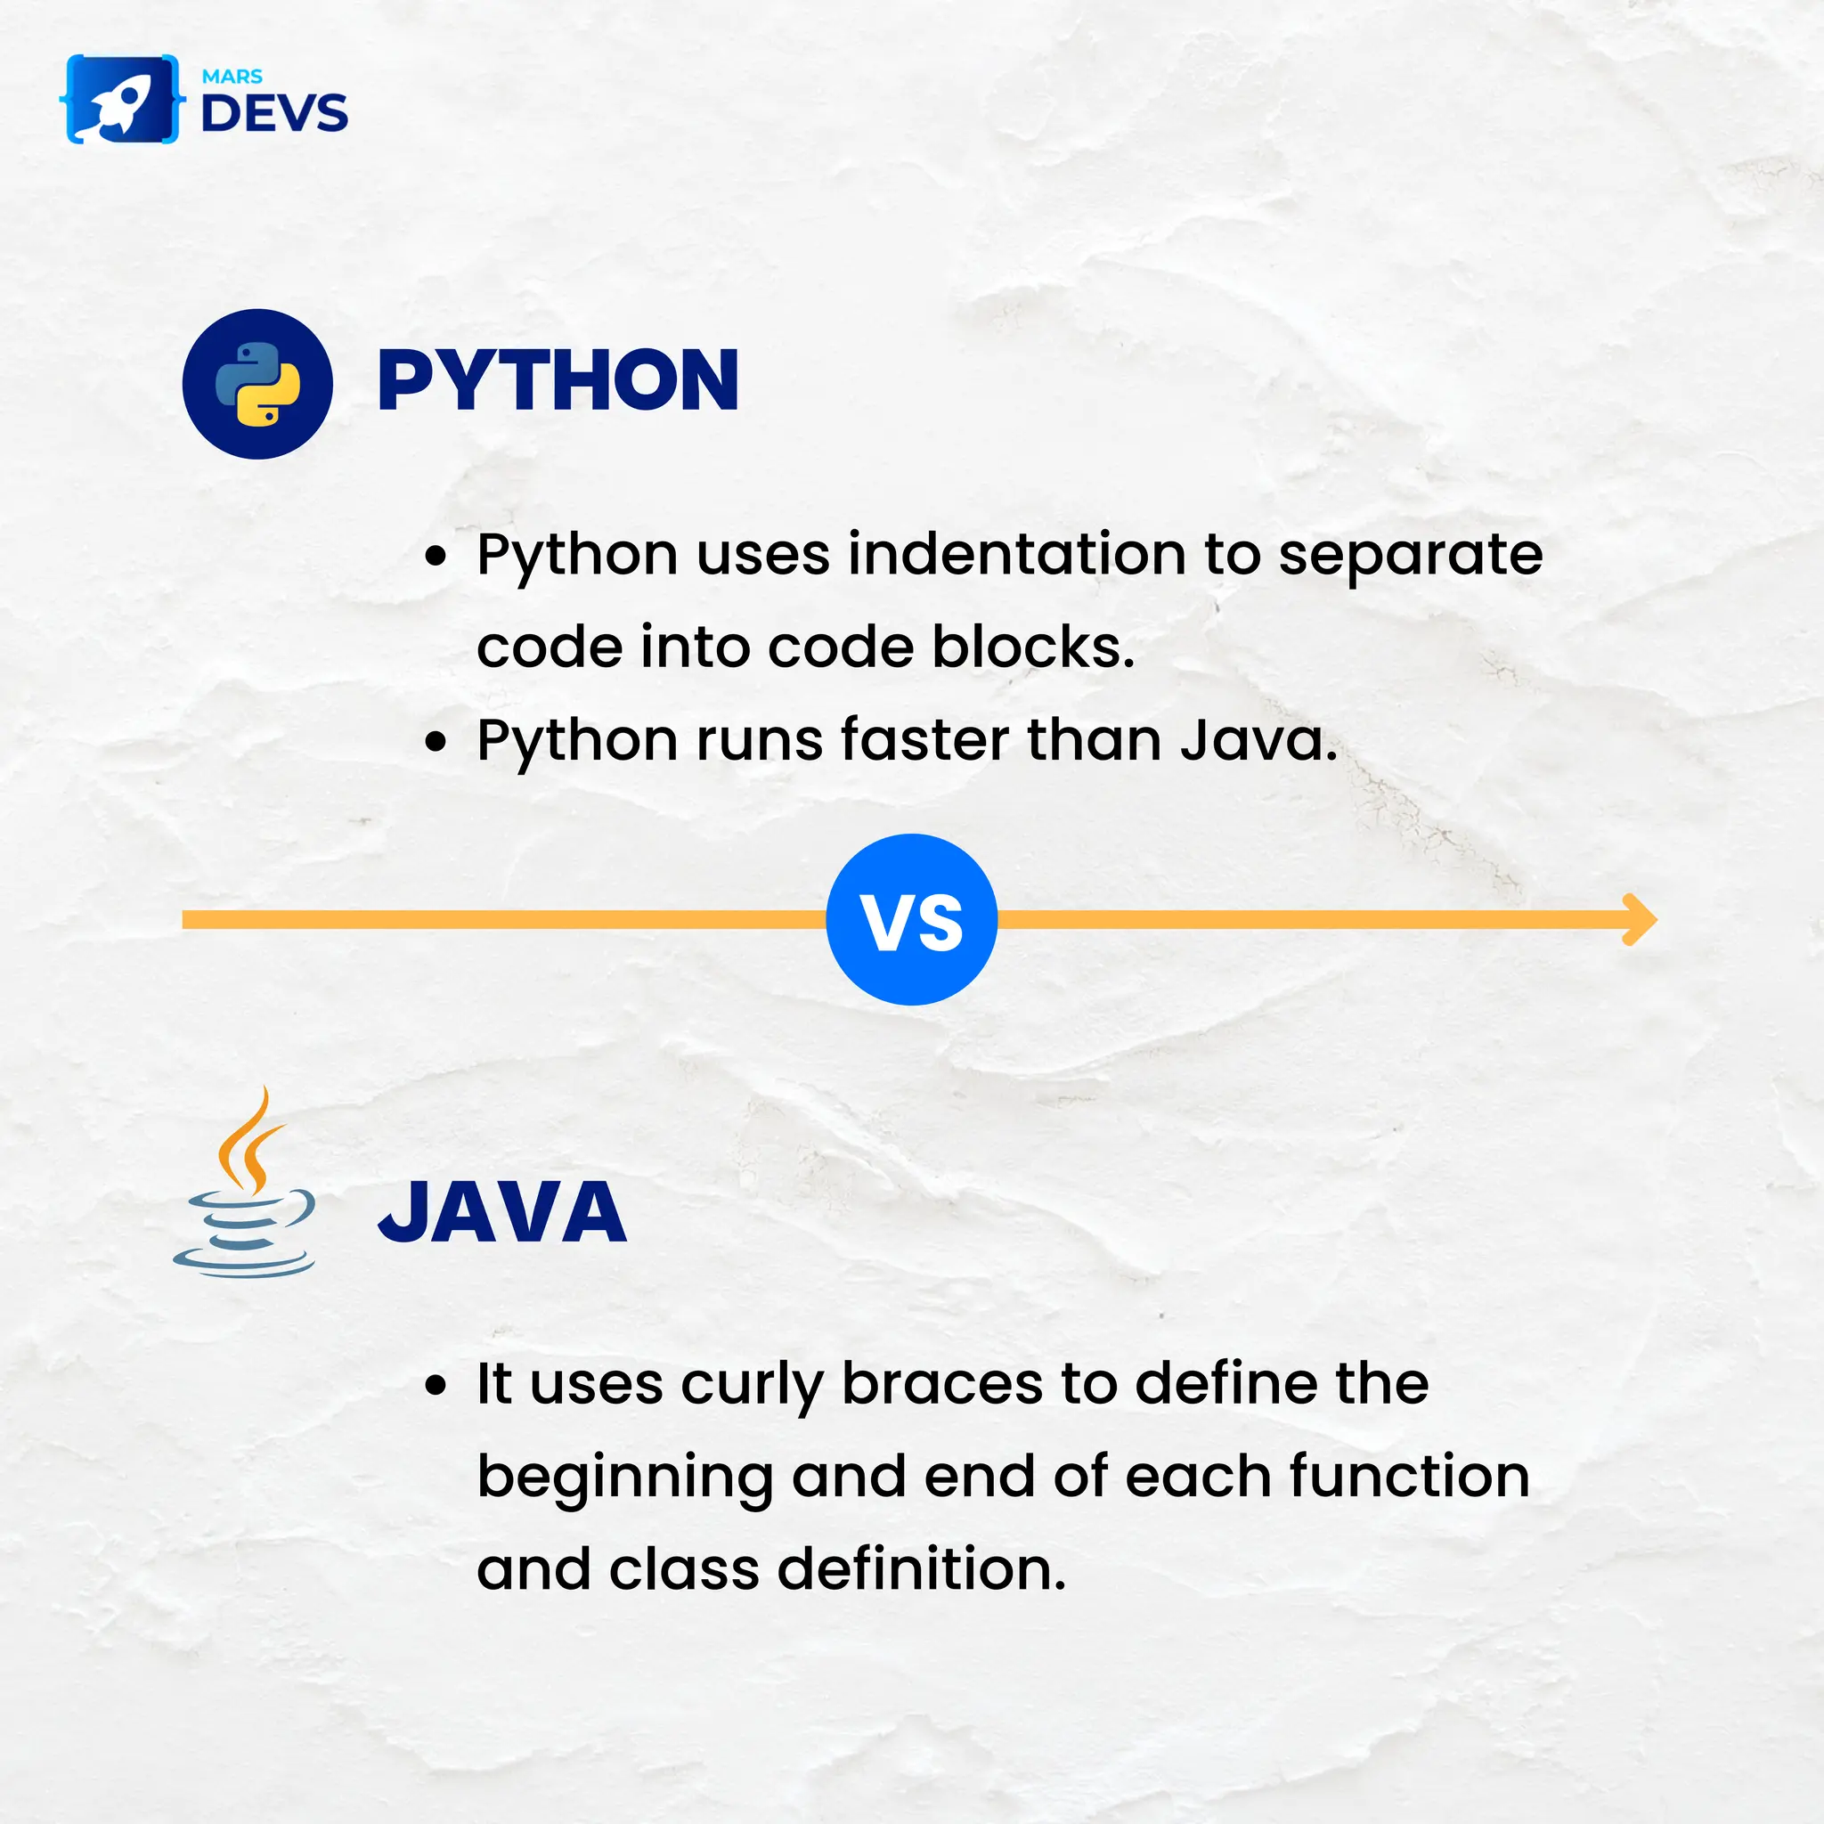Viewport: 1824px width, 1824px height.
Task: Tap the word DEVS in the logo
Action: (x=273, y=113)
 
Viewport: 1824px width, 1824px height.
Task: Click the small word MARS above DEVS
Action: (x=232, y=77)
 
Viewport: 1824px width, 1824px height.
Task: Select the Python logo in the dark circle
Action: (x=257, y=384)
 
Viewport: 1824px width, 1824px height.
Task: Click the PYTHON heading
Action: (x=557, y=380)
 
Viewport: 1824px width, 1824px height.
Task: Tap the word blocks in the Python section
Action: (x=1033, y=647)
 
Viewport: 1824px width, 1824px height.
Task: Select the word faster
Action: (x=924, y=739)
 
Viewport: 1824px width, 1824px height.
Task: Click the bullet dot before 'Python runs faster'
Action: (x=436, y=741)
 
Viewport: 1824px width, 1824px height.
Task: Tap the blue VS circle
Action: (x=911, y=919)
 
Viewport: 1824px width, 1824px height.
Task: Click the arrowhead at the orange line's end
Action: (x=1640, y=919)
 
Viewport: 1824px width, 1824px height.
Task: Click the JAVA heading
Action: (x=502, y=1212)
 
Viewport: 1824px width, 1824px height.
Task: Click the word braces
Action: (x=942, y=1384)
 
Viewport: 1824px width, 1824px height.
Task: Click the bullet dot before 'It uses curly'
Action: (x=436, y=1386)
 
